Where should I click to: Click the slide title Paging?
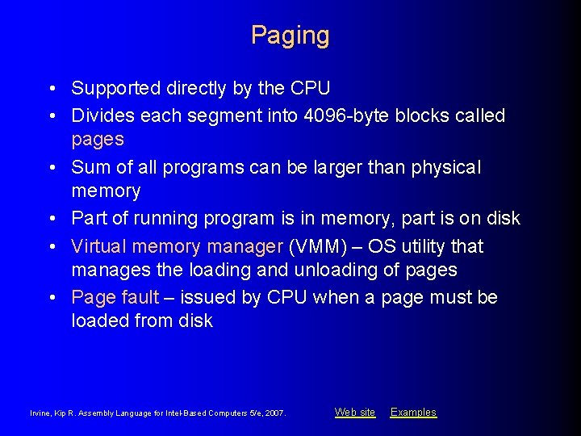[x=290, y=36]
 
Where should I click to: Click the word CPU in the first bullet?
[x=311, y=88]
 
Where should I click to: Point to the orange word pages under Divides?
[x=98, y=139]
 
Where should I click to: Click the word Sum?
[x=90, y=167]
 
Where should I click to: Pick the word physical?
[x=445, y=167]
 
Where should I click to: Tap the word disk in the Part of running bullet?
[x=503, y=218]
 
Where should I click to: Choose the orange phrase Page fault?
[x=115, y=297]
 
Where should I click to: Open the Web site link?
[x=355, y=413]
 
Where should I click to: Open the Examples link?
[x=413, y=413]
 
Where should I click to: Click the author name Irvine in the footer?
[x=40, y=413]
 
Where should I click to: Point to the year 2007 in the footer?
[x=274, y=413]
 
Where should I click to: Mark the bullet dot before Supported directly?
[x=52, y=88]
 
